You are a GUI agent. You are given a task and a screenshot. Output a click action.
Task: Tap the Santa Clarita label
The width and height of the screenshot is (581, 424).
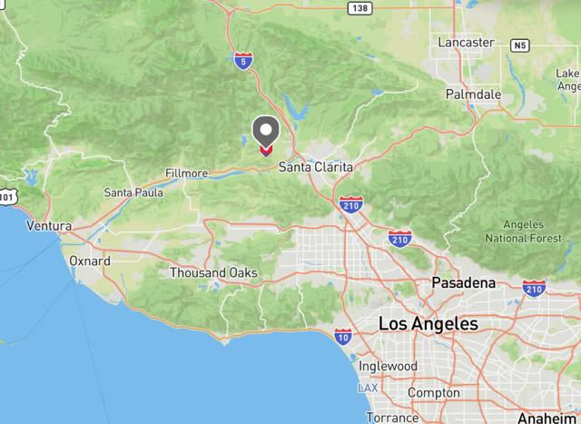click(x=315, y=168)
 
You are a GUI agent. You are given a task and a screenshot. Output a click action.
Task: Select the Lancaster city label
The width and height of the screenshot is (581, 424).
click(x=466, y=43)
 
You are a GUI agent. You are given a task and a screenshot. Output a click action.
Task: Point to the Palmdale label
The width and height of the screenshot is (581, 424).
click(x=473, y=94)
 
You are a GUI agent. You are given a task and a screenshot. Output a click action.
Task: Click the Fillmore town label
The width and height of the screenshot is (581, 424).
click(x=187, y=173)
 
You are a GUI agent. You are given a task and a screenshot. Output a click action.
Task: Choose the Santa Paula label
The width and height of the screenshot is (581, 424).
click(x=133, y=192)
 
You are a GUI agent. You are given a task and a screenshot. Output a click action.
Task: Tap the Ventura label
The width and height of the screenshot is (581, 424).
click(x=49, y=225)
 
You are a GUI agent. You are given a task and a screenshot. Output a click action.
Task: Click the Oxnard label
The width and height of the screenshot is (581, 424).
click(x=90, y=261)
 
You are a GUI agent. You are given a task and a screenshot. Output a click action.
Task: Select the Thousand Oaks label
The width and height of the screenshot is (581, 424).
click(x=213, y=273)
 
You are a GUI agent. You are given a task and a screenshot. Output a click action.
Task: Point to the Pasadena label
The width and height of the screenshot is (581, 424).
click(x=463, y=283)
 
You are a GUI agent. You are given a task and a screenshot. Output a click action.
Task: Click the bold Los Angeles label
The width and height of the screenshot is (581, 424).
click(x=428, y=324)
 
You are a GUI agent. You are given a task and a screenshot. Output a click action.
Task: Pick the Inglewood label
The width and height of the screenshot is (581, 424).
click(x=388, y=366)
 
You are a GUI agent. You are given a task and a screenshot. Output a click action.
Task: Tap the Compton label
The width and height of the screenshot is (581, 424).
click(x=434, y=392)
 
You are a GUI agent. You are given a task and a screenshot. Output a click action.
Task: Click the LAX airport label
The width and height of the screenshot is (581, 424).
click(x=368, y=388)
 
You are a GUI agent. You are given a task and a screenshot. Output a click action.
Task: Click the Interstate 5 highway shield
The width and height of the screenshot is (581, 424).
click(x=242, y=61)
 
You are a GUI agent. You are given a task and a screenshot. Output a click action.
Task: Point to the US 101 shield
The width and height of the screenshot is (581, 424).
click(x=6, y=196)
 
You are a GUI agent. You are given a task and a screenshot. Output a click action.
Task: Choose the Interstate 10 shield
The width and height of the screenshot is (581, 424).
click(x=342, y=337)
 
